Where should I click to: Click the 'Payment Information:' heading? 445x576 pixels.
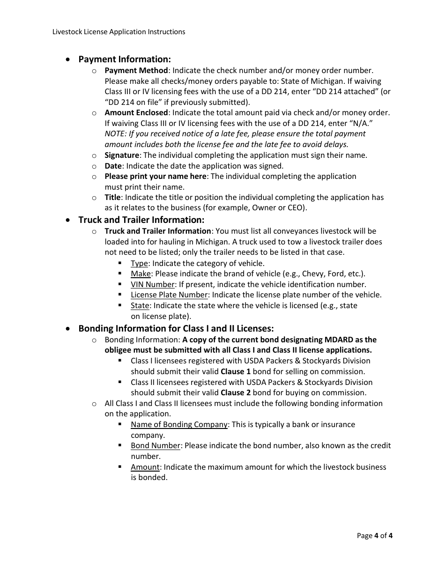[x=124, y=59]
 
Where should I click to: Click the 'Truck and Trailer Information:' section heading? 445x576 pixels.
[x=141, y=220]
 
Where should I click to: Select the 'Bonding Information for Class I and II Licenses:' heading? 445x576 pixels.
[x=176, y=328]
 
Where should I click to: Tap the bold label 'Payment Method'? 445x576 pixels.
[x=136, y=70]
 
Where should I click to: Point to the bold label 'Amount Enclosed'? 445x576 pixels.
[x=136, y=112]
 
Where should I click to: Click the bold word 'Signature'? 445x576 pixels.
[x=122, y=155]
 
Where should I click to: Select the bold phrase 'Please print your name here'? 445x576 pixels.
[x=155, y=176]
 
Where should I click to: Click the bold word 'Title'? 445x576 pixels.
[x=112, y=197]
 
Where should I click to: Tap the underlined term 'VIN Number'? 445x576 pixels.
[x=152, y=284]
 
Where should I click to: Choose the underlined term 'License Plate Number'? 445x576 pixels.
[x=169, y=295]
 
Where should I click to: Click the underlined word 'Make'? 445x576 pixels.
[x=141, y=273]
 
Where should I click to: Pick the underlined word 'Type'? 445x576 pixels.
[x=139, y=263]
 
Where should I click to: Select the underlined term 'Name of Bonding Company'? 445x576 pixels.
[x=179, y=424]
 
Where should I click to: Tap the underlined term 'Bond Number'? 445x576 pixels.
[x=156, y=445]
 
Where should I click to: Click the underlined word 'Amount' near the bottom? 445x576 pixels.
[x=145, y=467]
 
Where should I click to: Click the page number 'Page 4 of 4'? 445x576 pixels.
[x=374, y=536]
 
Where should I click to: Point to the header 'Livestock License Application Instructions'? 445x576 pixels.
[x=119, y=32]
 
